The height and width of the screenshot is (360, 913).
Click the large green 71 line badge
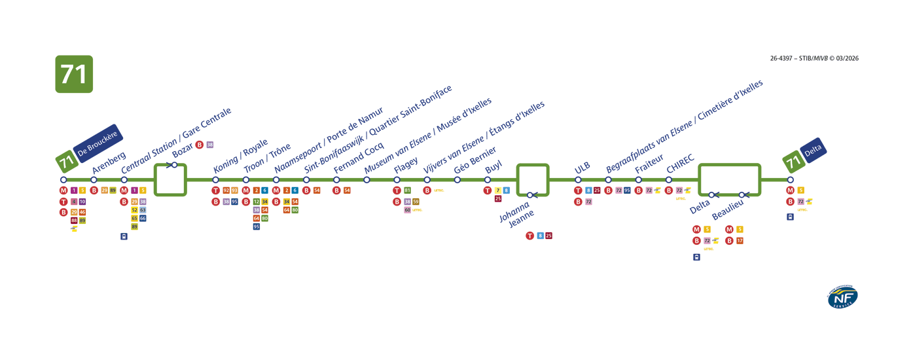coord(74,74)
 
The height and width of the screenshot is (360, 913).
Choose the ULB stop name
coord(582,168)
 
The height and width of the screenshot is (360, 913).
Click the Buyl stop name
coord(493,168)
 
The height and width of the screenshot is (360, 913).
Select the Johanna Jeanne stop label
coord(516,215)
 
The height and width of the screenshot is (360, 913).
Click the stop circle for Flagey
coord(397,180)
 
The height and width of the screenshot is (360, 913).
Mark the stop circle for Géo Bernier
coord(457,180)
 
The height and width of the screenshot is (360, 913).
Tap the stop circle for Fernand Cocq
coord(336,180)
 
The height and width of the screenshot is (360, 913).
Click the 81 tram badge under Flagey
coord(407,190)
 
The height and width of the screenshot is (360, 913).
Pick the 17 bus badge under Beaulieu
coord(740,241)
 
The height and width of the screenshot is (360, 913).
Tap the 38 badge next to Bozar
coord(209,145)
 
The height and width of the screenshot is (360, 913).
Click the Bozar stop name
coord(183,151)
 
